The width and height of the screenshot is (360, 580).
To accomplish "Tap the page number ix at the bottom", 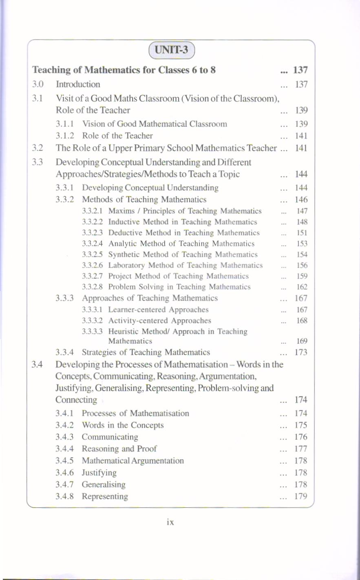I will click(170, 522).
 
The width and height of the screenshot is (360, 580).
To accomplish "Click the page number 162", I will click(302, 287).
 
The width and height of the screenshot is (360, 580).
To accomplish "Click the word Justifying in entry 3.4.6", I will click(99, 473).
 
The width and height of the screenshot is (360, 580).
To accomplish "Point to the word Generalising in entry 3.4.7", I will click(104, 485).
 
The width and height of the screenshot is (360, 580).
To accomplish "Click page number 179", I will click(301, 496).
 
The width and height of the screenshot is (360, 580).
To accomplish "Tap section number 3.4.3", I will click(64, 437).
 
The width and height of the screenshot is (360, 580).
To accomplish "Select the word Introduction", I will click(78, 84).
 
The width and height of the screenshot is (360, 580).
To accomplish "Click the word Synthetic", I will click(124, 255).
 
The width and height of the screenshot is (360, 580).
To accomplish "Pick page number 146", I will click(301, 199).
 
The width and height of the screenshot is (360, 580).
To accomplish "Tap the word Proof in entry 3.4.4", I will click(147, 449).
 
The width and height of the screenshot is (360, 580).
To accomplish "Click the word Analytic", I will click(122, 244).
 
